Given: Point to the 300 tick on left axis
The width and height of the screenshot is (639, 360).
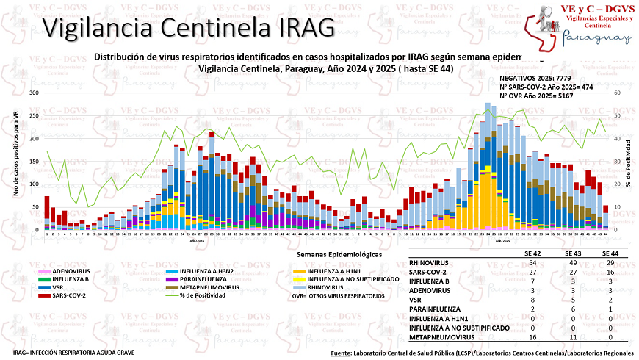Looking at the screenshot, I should tap(34, 93).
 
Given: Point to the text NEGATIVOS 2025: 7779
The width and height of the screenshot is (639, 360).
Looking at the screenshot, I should tap(538, 77).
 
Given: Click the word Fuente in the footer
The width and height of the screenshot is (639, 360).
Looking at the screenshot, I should tap(341, 353).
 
